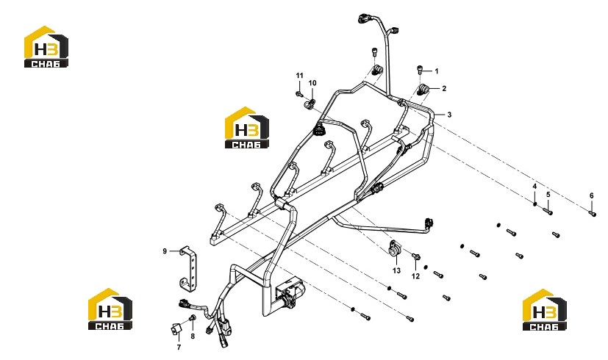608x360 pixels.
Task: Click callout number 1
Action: (437, 71)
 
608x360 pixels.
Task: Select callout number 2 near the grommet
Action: (444, 88)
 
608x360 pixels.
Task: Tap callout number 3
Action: (449, 115)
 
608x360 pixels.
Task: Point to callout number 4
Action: (534, 187)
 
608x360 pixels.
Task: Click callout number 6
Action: (592, 196)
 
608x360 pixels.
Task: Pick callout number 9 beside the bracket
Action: (165, 251)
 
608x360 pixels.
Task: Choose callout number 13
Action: (396, 270)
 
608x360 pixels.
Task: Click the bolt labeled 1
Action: (420, 70)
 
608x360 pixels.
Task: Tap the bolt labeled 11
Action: (298, 94)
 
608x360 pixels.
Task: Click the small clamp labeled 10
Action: (311, 103)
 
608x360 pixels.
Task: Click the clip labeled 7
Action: (176, 329)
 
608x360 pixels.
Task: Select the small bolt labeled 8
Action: (192, 318)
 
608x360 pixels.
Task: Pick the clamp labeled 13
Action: (394, 249)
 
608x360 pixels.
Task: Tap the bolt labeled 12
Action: (415, 256)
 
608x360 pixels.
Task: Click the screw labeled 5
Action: (548, 212)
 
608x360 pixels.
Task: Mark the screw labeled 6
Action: (593, 213)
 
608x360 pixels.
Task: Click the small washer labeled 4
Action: (535, 204)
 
